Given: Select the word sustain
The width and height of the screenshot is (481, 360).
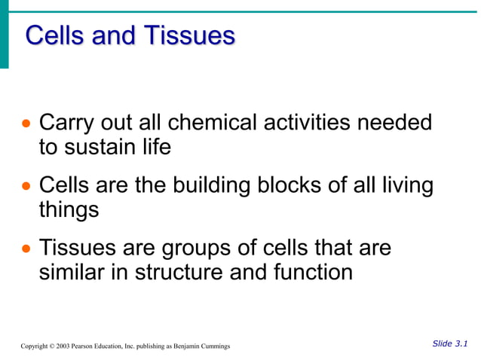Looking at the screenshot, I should tap(102, 147).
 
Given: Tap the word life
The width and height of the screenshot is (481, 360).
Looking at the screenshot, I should tap(157, 147).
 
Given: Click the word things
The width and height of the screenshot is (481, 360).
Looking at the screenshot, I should tap(69, 210).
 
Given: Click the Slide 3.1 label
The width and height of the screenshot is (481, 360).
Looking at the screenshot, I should tap(449, 343).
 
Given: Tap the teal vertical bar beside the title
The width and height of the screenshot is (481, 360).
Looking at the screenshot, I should tap(5, 35).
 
